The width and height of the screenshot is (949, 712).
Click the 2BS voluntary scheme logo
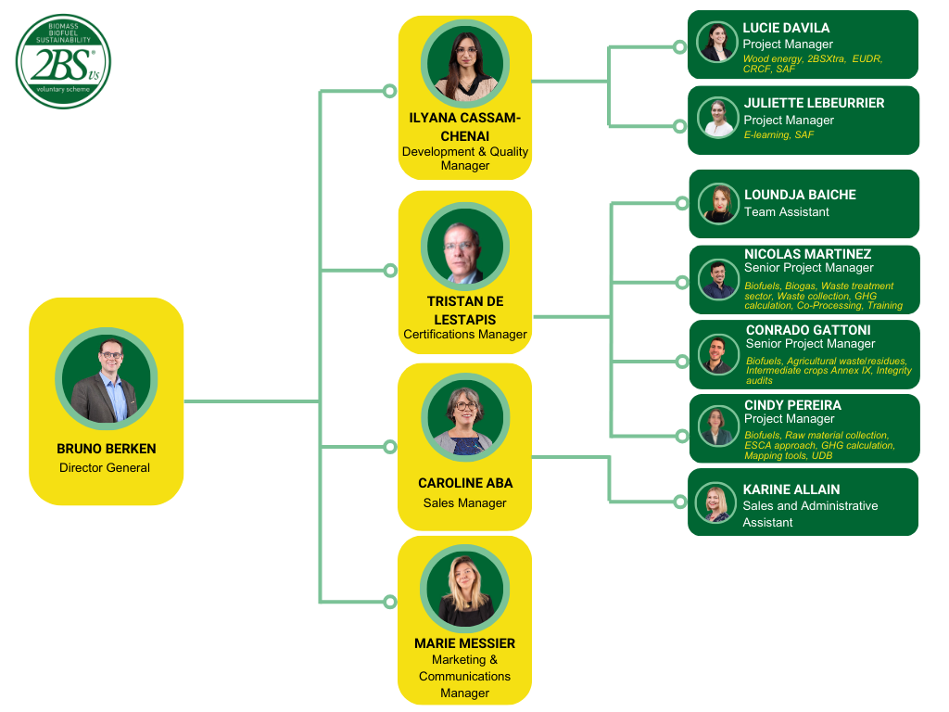point(63,61)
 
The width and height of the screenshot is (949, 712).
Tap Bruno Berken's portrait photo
point(107,378)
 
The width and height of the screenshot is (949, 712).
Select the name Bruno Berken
point(107,449)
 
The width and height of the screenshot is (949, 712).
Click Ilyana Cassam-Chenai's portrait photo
point(465,64)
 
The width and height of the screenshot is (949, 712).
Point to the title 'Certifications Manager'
point(465,335)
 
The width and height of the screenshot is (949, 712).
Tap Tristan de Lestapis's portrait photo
point(465,247)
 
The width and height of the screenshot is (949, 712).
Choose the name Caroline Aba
point(465,483)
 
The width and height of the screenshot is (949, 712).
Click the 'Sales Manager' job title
point(465,503)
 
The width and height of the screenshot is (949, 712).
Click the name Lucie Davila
point(786,28)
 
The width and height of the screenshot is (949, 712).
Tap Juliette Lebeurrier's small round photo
point(718,119)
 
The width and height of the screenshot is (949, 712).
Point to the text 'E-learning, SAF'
point(778,135)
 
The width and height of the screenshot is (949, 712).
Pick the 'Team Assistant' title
point(787,212)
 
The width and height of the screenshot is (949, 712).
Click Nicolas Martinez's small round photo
point(719,279)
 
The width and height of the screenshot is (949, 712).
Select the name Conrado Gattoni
point(808,330)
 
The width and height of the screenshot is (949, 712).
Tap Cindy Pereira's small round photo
point(718,427)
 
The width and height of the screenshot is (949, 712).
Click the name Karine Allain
point(791,489)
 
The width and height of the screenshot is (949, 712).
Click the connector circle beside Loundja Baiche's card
point(681,204)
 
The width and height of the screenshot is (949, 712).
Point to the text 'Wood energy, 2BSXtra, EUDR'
point(812,58)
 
